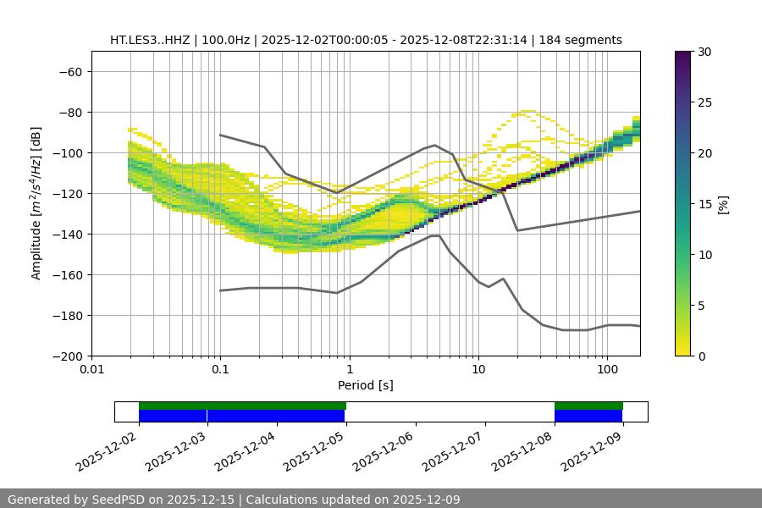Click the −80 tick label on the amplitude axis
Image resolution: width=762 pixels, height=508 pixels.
pos(69,112)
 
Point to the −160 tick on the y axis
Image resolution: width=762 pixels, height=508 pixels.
pos(66,274)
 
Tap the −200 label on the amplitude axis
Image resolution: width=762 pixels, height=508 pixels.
pos(66,356)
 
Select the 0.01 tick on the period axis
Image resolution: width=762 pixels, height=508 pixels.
pos(91,370)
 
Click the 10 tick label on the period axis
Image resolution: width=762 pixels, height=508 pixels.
pos(478,370)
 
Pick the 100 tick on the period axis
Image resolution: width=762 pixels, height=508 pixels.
pos(607,370)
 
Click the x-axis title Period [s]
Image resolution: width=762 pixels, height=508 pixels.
pos(365,385)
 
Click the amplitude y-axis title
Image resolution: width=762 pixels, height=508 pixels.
pos(36,203)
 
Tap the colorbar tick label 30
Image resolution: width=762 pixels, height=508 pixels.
pos(704,52)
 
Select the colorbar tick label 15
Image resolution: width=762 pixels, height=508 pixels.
pos(704,204)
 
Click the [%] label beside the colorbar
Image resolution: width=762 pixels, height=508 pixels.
pos(723,204)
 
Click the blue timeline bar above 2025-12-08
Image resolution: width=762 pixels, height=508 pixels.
pos(588,416)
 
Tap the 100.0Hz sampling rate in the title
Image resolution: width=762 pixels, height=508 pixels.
pos(227,40)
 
